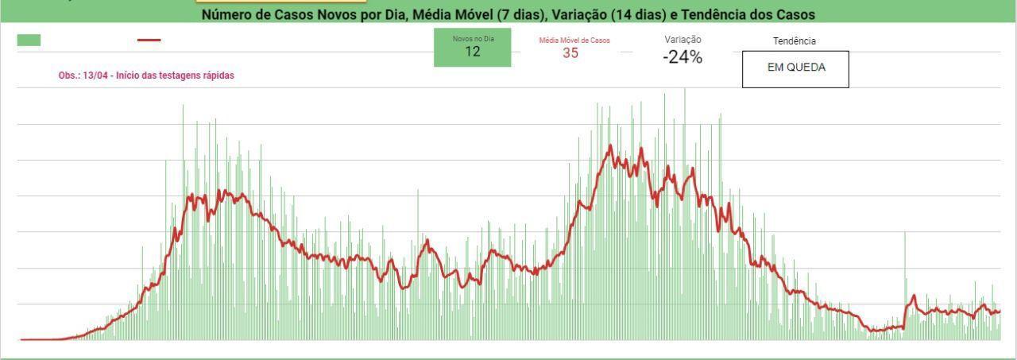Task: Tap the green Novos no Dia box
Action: tap(472, 47)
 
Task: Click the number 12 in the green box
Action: tap(472, 52)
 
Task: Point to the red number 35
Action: tap(570, 52)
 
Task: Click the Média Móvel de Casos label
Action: tap(574, 41)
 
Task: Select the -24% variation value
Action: tap(683, 57)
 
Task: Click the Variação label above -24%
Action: tap(683, 40)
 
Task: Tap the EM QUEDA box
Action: tap(795, 69)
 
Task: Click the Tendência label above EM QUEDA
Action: tap(795, 41)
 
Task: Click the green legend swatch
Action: tap(29, 40)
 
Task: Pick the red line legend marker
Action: tap(149, 40)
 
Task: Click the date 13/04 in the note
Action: tap(95, 75)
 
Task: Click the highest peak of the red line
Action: tap(609, 145)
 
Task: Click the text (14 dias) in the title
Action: tap(638, 14)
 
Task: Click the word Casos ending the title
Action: tap(795, 14)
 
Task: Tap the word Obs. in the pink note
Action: tap(68, 75)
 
